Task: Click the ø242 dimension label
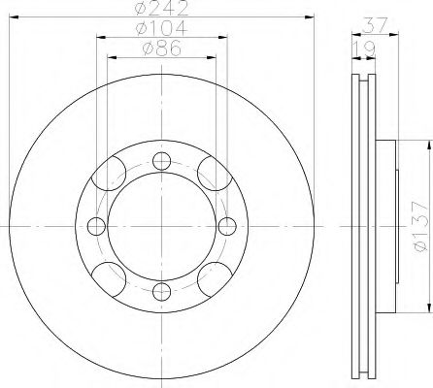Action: [162, 8]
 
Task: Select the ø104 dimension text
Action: [162, 28]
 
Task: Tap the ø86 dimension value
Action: [162, 48]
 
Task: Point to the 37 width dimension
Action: [375, 25]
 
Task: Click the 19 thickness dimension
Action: [364, 48]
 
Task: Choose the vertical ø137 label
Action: [420, 226]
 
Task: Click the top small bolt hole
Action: [161, 161]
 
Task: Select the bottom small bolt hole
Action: [161, 292]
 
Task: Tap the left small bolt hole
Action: [96, 226]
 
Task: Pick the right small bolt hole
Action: [227, 226]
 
